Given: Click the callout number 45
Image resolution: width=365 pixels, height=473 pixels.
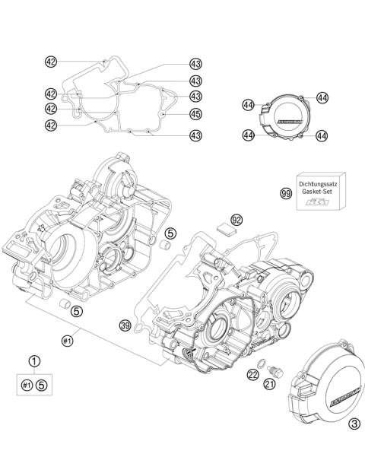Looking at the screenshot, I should [195, 114].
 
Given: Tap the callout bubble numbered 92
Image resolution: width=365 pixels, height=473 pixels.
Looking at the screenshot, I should [236, 220].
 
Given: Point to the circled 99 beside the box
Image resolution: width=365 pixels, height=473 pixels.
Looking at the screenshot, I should [286, 194].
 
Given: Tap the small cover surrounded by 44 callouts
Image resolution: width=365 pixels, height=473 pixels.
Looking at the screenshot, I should [284, 119].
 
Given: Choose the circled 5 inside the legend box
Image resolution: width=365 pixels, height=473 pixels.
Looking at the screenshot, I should [43, 385].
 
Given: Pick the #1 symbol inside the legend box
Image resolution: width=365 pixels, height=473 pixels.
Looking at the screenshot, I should [27, 385].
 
